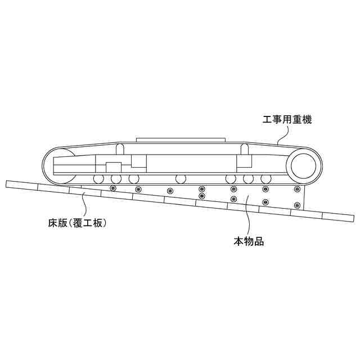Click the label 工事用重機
287,120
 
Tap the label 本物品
249,243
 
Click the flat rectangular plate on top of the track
181,138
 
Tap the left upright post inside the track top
119,149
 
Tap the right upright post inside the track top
245,149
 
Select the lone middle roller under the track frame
181,179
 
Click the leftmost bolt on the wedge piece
112,188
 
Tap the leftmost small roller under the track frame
98,179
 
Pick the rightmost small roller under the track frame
266,179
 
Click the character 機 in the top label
306,120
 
